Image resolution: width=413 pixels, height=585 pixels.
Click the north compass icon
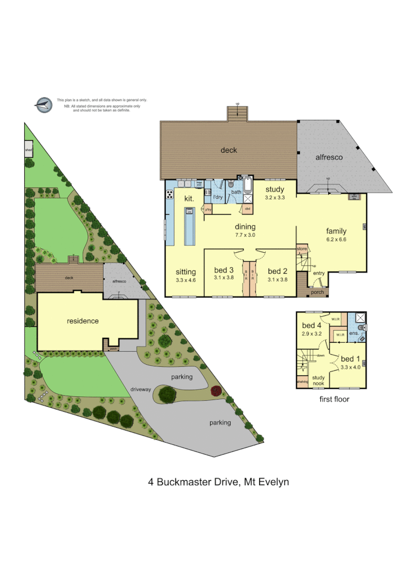click(42, 104)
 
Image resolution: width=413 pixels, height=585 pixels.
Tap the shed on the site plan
click(28, 150)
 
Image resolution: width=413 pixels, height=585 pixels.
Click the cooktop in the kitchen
click(169, 194)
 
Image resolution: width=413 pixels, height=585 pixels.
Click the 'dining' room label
click(245, 226)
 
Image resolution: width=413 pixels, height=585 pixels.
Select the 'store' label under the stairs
click(301, 249)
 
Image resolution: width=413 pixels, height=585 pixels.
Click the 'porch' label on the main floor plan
click(317, 292)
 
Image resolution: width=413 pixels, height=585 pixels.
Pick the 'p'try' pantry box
click(208, 209)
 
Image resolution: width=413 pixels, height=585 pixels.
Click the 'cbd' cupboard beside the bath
click(248, 209)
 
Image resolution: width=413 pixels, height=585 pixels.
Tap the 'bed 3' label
click(224, 270)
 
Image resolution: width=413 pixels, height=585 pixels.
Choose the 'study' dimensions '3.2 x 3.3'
click(274, 197)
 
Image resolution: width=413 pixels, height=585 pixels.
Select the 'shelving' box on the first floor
click(302, 381)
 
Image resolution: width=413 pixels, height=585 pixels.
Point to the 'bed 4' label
click(312, 325)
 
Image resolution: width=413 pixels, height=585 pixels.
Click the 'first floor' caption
click(335, 398)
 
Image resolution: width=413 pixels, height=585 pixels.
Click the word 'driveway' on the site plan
click(141, 389)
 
